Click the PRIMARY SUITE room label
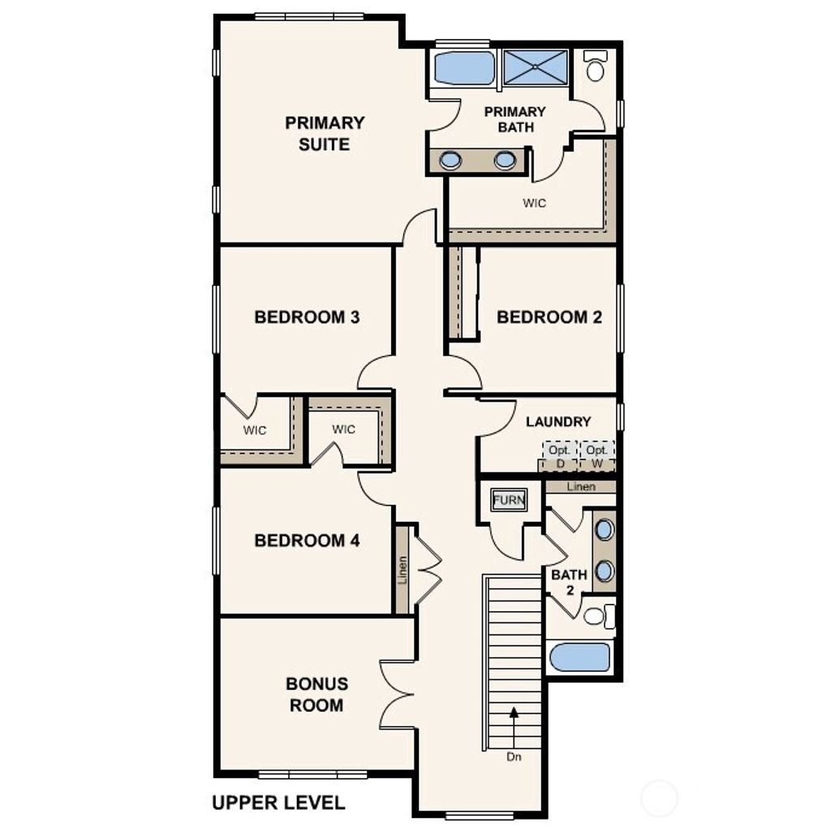pyautogui.click(x=325, y=133)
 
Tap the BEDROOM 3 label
pyautogui.click(x=307, y=316)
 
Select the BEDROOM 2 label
pyautogui.click(x=549, y=316)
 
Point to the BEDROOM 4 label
pyautogui.click(x=307, y=540)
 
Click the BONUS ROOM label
pyautogui.click(x=316, y=695)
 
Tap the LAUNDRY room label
pyautogui.click(x=558, y=422)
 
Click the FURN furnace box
pyautogui.click(x=509, y=501)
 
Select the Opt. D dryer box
pyautogui.click(x=559, y=456)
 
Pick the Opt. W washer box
pyautogui.click(x=597, y=456)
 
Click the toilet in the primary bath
pyautogui.click(x=596, y=67)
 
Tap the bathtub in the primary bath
pyautogui.click(x=463, y=68)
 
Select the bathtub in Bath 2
pyautogui.click(x=579, y=657)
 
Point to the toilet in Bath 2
pyautogui.click(x=596, y=616)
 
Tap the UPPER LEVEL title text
pyautogui.click(x=278, y=803)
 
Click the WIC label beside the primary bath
pyautogui.click(x=534, y=203)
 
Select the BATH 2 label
pyautogui.click(x=569, y=583)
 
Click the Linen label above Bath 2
pyautogui.click(x=581, y=487)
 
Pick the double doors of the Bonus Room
pyautogui.click(x=398, y=694)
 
